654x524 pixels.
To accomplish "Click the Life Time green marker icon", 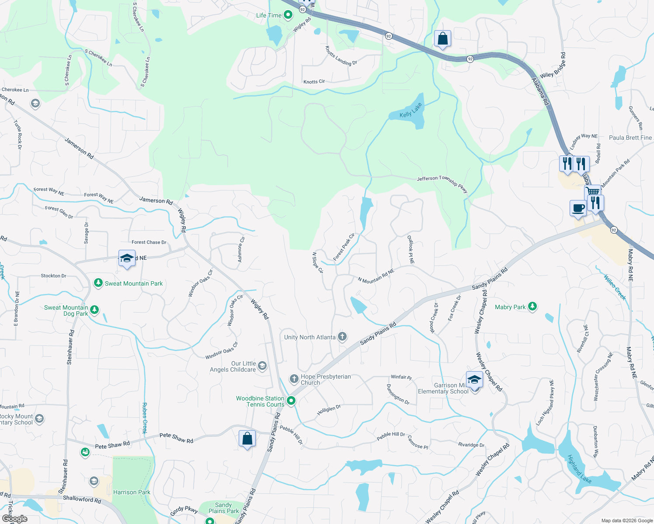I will click(x=288, y=16).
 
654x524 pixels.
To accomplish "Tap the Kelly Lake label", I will click(x=411, y=110).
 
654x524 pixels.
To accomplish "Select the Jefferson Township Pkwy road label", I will click(x=442, y=183).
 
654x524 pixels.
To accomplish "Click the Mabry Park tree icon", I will click(x=532, y=307).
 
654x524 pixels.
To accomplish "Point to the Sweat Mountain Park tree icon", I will click(x=98, y=283).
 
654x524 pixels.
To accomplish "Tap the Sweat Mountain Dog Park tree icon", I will click(x=94, y=310).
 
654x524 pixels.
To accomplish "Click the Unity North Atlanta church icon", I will click(x=342, y=337).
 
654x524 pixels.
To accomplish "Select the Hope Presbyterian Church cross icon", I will click(x=294, y=378).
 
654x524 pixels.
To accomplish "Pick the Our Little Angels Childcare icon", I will click(x=262, y=366).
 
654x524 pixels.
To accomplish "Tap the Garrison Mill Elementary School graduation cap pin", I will click(x=474, y=379).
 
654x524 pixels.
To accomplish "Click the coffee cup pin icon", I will click(x=578, y=208).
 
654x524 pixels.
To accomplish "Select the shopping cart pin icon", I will click(x=593, y=192).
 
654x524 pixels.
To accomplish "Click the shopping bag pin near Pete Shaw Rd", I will click(x=247, y=438).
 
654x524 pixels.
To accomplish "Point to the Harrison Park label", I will click(x=132, y=492).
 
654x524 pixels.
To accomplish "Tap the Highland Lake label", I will click(x=579, y=469).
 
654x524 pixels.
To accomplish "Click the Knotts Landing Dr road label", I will click(x=341, y=56).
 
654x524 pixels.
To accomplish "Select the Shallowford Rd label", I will click(x=82, y=499).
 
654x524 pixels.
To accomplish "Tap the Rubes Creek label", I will click(x=145, y=418).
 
